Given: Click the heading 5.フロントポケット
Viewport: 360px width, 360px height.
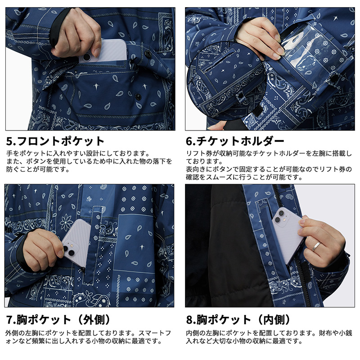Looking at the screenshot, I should (55, 141).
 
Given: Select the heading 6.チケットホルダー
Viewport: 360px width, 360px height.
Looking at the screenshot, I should (235, 141).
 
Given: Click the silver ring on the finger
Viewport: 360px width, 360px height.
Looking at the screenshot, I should (317, 246).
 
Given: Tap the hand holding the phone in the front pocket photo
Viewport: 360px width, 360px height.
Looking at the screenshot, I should (76, 36).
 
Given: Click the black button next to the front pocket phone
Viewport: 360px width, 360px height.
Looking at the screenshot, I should (148, 54).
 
